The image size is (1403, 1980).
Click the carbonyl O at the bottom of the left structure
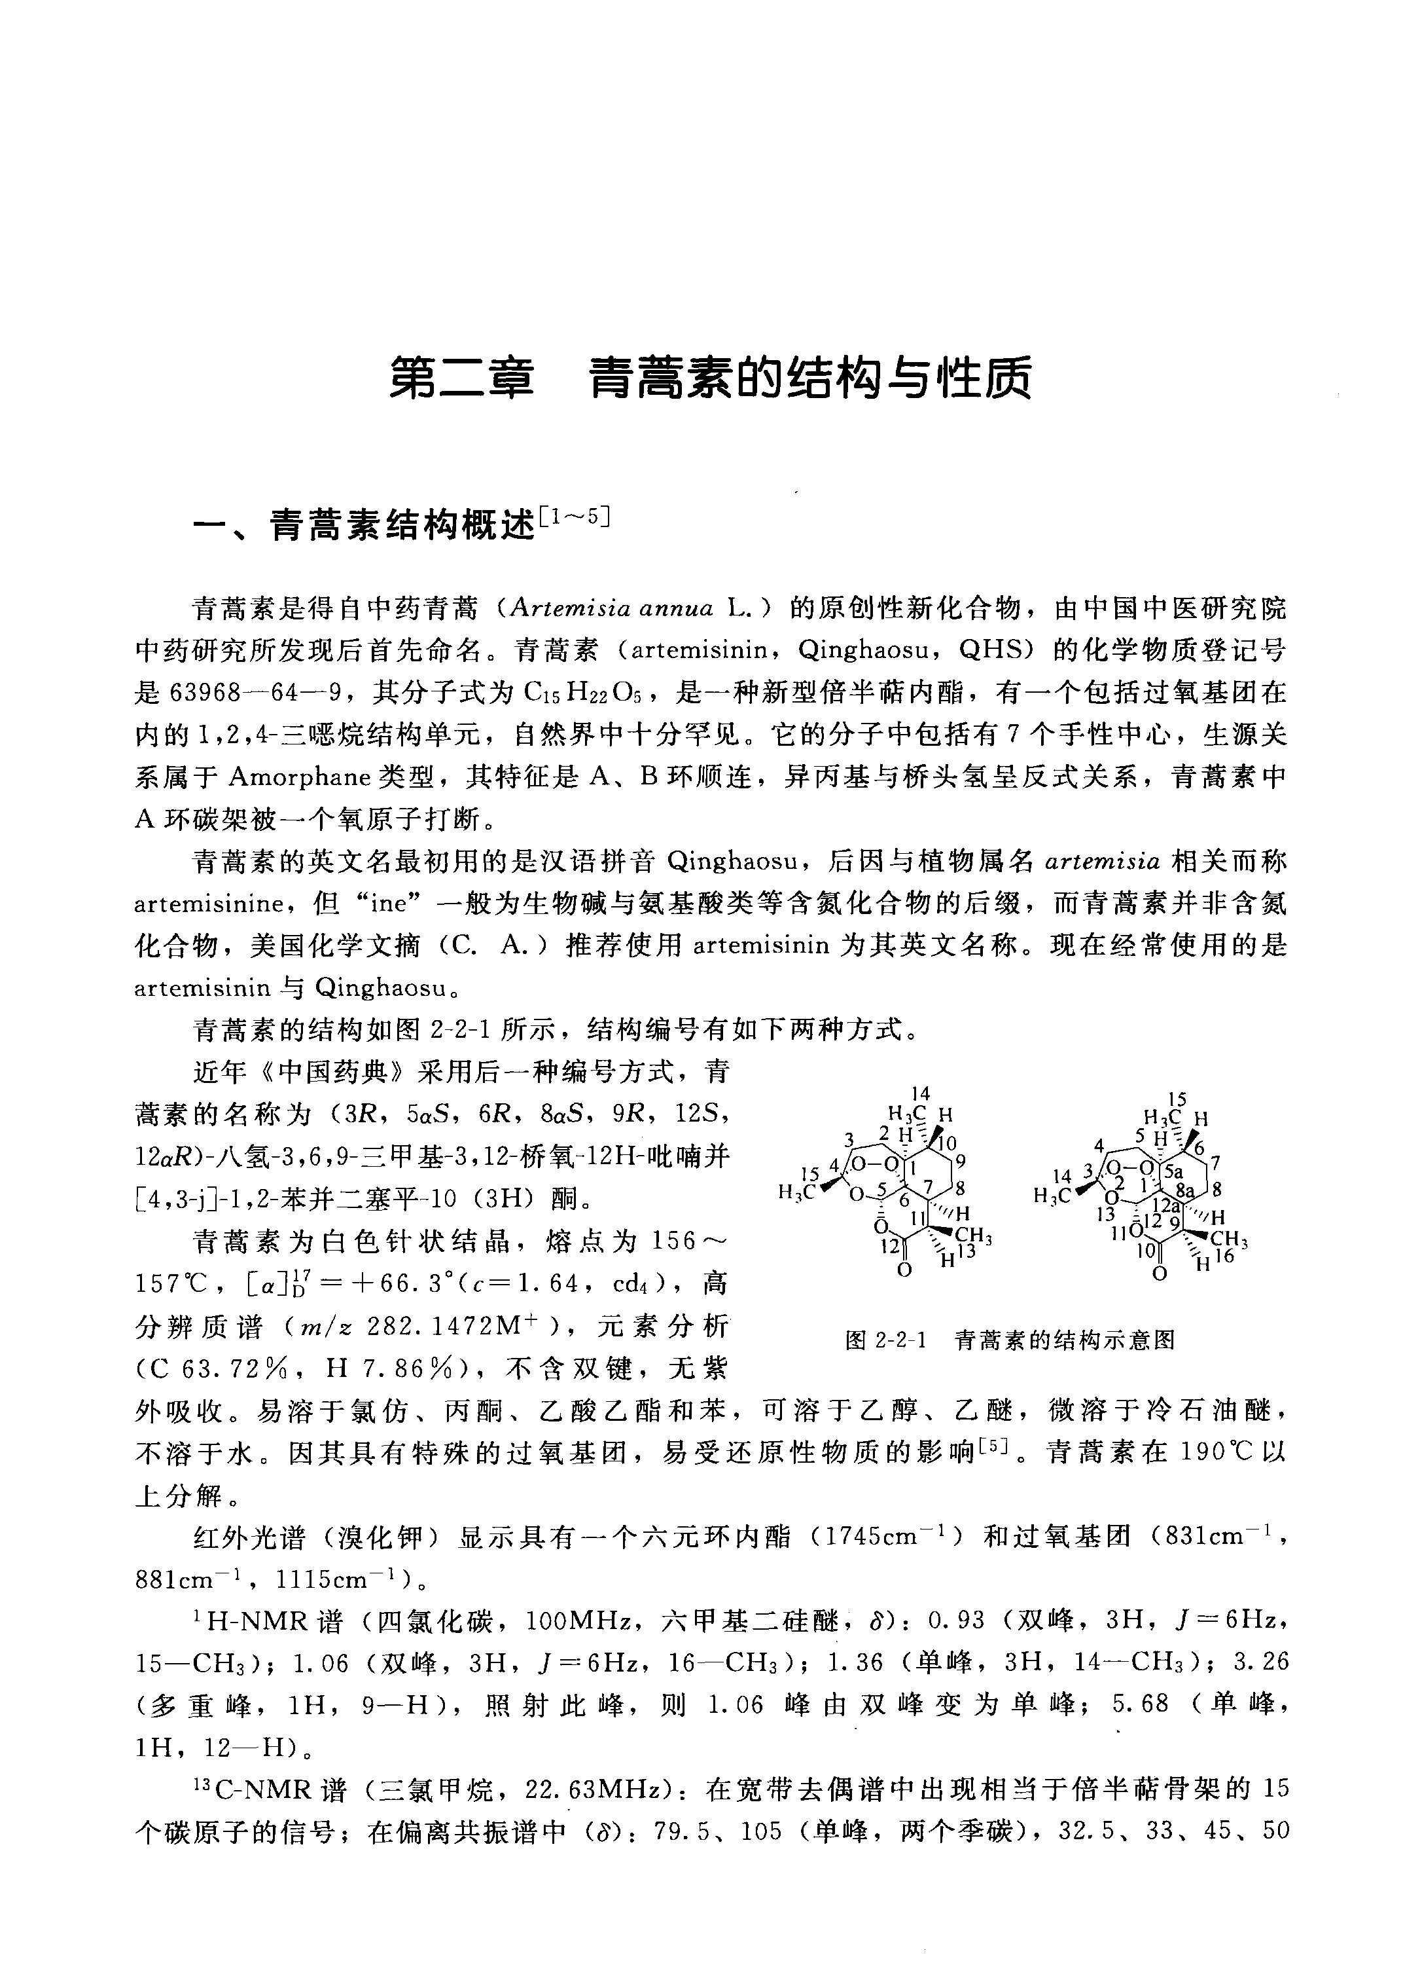pyautogui.click(x=904, y=1270)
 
